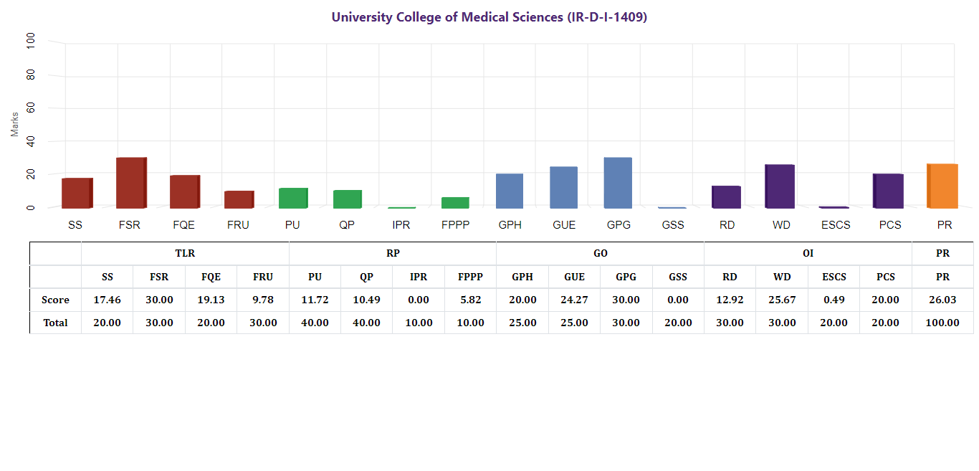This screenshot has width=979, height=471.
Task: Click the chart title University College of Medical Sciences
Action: (489, 17)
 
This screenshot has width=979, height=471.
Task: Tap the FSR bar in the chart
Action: (131, 183)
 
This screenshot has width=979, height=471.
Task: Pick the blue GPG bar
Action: (618, 183)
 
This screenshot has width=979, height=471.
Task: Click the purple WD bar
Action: (780, 186)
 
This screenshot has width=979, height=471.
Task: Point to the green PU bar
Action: (292, 198)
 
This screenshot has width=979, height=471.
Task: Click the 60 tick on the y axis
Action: (30, 108)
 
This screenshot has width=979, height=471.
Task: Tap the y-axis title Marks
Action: (14, 124)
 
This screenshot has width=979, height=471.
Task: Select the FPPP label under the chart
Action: (455, 225)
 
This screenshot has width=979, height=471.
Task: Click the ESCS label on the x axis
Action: (836, 225)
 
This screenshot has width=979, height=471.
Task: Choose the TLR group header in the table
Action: (185, 253)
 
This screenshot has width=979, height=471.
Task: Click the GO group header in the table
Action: (600, 253)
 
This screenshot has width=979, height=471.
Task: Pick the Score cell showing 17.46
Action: (108, 300)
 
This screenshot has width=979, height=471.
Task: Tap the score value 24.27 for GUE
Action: (574, 300)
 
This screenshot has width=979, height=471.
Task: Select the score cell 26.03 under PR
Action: (942, 300)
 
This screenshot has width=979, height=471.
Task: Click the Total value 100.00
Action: (942, 323)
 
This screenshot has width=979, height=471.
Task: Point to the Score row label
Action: (55, 300)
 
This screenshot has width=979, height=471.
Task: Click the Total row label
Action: (55, 323)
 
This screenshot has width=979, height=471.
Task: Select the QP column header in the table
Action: (366, 277)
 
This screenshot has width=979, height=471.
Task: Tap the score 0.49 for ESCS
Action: (834, 300)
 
